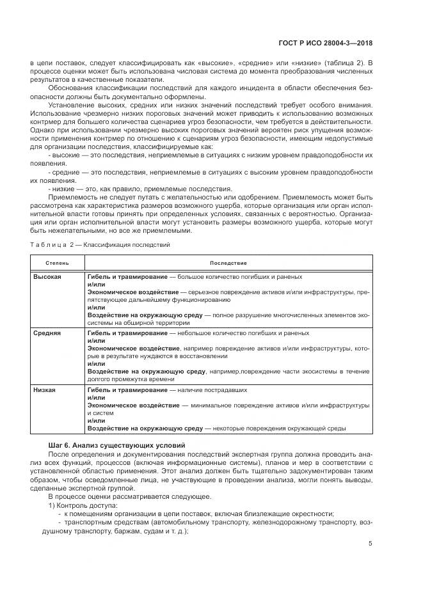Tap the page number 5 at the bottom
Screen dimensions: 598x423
click(x=371, y=544)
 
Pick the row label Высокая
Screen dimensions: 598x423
click(x=47, y=276)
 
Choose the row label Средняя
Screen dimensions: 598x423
click(x=47, y=333)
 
